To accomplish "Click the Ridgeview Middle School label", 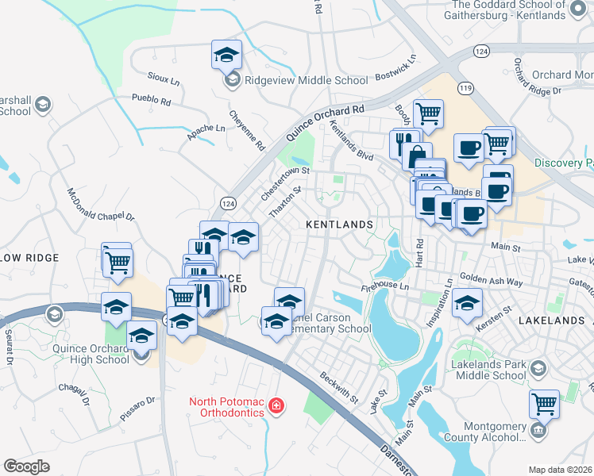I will pos(307,80).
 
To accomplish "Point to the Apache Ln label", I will pos(206,128).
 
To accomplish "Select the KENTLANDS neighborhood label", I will pos(340,225).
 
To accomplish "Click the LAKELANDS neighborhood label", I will pos(549,321).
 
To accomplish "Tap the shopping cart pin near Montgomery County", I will pos(545,404).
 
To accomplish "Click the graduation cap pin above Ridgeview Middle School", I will pos(226,55).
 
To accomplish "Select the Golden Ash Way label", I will pos(491,282).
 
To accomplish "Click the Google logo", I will pos(26,466).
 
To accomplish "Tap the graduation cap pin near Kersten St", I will pos(467,302).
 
